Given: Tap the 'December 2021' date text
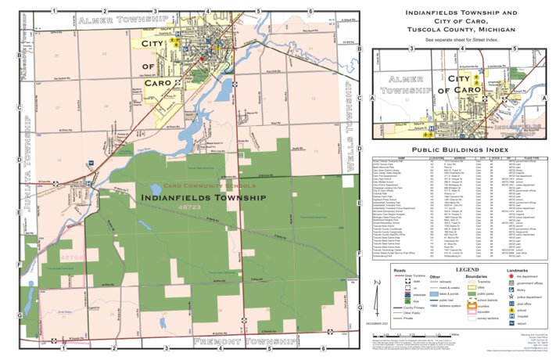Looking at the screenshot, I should point(378,322).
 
